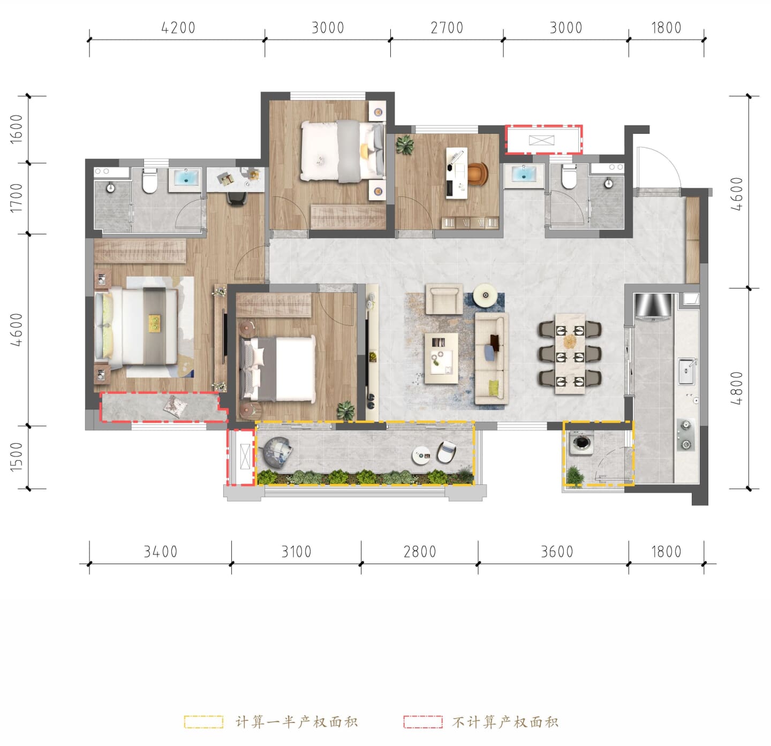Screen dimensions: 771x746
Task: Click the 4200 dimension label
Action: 178,28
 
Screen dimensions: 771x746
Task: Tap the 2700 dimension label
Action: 447,28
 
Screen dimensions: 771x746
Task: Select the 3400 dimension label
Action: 161,552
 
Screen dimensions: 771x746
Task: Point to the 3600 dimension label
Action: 557,552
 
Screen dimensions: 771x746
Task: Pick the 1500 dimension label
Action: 16,457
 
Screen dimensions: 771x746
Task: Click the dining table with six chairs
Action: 570,354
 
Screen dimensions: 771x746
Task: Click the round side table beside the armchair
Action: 486,295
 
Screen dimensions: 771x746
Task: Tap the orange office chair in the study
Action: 478,173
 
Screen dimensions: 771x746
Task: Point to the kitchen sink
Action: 686,371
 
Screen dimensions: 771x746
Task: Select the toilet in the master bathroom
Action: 149,181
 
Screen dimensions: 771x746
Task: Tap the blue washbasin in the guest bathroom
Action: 524,174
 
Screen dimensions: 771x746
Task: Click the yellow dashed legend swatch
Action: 203,722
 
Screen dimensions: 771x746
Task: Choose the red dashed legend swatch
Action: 423,722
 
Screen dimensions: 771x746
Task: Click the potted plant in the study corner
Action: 405,145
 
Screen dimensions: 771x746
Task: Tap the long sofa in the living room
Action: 492,359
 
